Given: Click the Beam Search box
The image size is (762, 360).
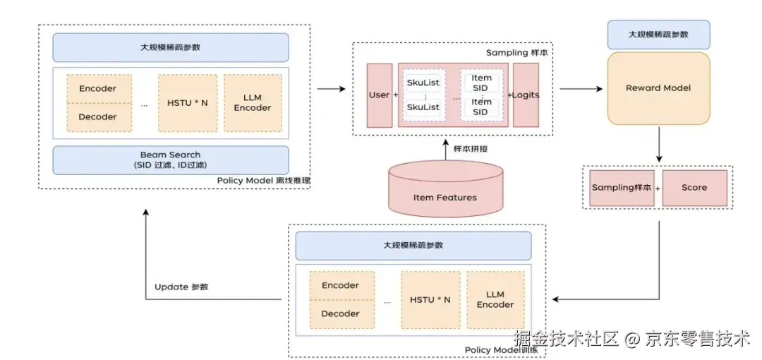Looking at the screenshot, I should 170,160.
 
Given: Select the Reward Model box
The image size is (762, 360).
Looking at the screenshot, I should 658,88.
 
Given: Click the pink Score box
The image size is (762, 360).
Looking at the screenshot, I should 694,188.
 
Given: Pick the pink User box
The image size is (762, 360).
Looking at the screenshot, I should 379,95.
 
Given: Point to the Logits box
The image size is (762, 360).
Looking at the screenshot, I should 526,95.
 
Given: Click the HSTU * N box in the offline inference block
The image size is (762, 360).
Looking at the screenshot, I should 187,103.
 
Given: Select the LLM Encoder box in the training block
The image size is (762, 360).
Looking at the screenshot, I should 495,299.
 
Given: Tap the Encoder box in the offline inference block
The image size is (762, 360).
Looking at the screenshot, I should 98,89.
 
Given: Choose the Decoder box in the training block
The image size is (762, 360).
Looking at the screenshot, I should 340,313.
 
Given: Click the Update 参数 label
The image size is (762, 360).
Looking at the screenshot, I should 181,287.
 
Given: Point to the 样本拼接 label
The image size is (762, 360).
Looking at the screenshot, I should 471,149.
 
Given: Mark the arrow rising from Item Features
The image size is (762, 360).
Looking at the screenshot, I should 445,149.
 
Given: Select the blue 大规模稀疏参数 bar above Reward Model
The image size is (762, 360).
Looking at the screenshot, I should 658,34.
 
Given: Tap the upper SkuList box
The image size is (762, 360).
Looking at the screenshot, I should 423,83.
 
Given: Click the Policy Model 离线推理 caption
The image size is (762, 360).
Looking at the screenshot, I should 263,181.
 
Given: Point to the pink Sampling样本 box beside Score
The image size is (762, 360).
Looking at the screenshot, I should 622,188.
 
